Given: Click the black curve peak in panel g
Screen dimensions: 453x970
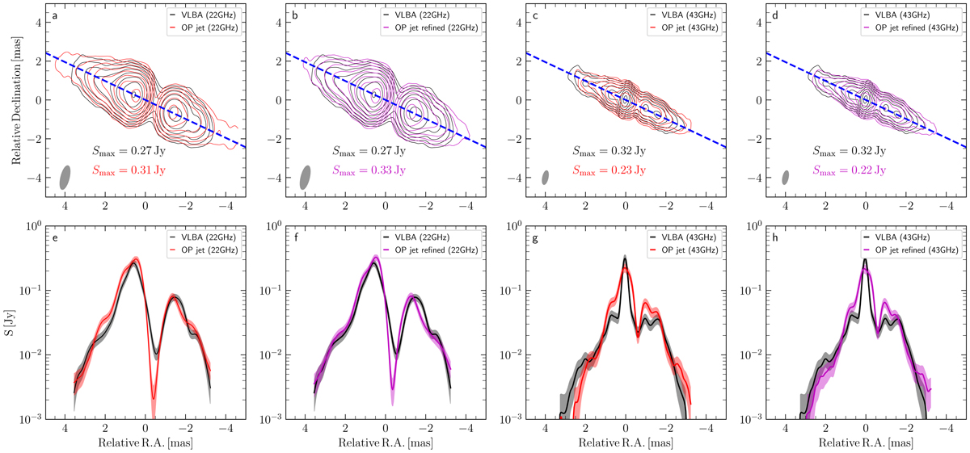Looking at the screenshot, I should coord(625,258).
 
